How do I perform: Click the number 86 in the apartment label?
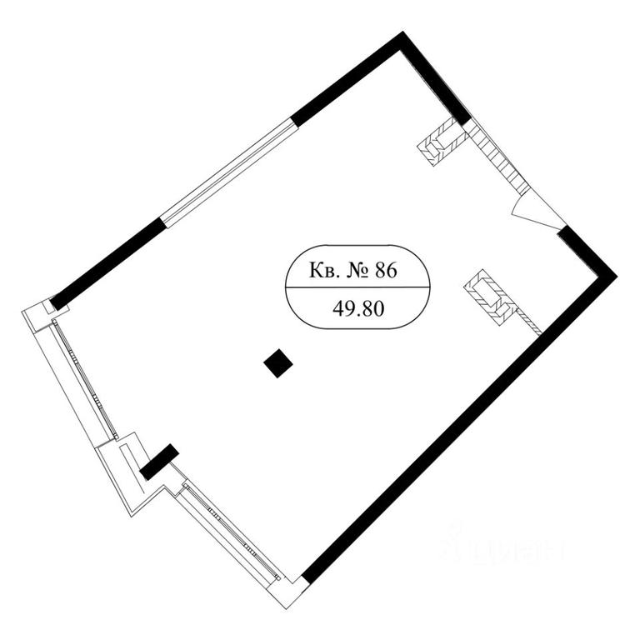coord(386,271)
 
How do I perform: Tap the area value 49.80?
coord(358,309)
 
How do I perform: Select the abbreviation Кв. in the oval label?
coord(324,271)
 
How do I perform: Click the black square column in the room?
coord(278,363)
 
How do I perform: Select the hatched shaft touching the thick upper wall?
coord(442,141)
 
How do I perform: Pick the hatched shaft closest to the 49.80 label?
coord(491,297)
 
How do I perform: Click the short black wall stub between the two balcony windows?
coord(159,462)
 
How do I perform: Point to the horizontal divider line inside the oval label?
coord(357,287)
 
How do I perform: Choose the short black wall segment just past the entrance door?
coord(586,252)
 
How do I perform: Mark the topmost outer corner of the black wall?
coord(402,31)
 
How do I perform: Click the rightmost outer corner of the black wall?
coord(617,276)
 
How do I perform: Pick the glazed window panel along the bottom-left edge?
coord(232,532)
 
